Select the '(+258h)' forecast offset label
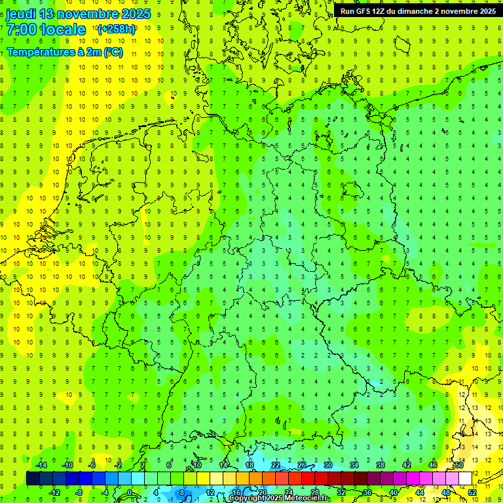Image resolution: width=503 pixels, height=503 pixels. coord(116,29)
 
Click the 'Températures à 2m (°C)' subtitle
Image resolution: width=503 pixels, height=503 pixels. coord(64,52)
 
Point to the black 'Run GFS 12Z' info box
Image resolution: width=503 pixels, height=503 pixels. coord(418,10)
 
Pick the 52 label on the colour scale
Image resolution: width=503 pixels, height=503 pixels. coord(472,493)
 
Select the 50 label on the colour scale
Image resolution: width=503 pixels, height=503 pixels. coord(459,465)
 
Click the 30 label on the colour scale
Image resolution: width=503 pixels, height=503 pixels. coord(328,465)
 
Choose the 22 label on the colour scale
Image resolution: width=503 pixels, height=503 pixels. coord(276,465)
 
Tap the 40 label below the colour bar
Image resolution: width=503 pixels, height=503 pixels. coord(394,493)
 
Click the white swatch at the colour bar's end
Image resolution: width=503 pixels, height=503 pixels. coord(466,479)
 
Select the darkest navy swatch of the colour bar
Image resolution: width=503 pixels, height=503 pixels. coord(33,479)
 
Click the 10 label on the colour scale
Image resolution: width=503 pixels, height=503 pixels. coord(197,465)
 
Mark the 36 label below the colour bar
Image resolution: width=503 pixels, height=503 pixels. coord(367,493)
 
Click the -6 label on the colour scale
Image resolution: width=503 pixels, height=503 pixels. coord(93,465)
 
